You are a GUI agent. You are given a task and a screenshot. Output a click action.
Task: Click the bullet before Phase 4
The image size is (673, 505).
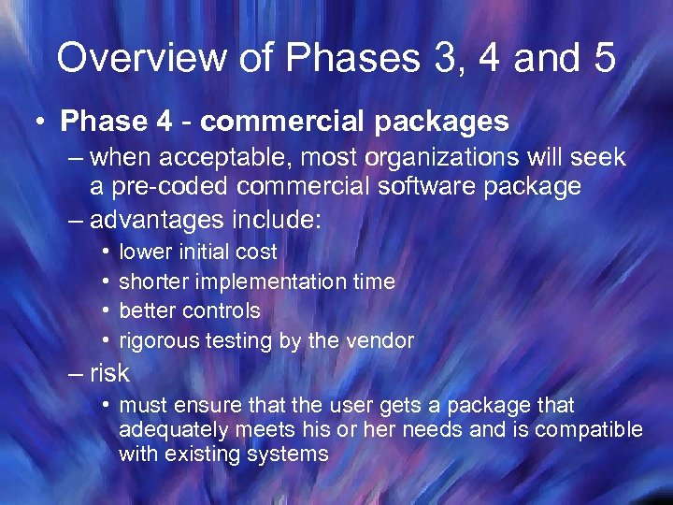[42, 122]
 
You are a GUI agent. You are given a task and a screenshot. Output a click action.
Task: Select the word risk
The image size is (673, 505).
[109, 373]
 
